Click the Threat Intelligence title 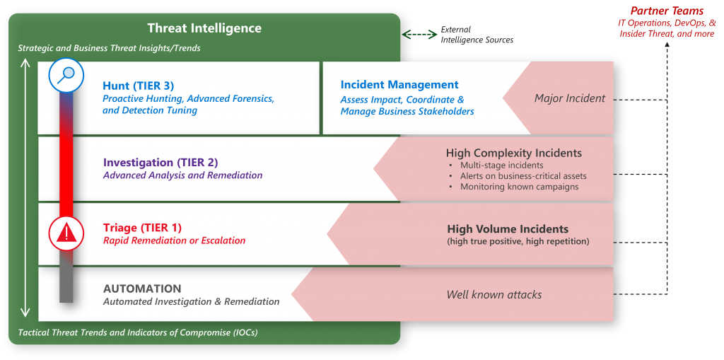tap(204, 28)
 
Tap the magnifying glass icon tap(66, 75)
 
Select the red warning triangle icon tap(66, 233)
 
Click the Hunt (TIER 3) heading tap(139, 86)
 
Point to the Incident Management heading tap(399, 85)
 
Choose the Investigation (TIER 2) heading tap(160, 163)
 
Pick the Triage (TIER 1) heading tap(142, 228)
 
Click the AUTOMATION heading tap(142, 289)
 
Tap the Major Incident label tap(570, 98)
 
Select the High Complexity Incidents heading tap(514, 153)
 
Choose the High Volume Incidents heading tap(508, 228)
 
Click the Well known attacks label tap(494, 294)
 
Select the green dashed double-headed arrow tap(419, 34)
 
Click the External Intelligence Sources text tap(477, 34)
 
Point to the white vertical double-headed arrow tap(26, 189)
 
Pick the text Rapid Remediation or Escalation tap(174, 240)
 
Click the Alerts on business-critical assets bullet tap(523, 176)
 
